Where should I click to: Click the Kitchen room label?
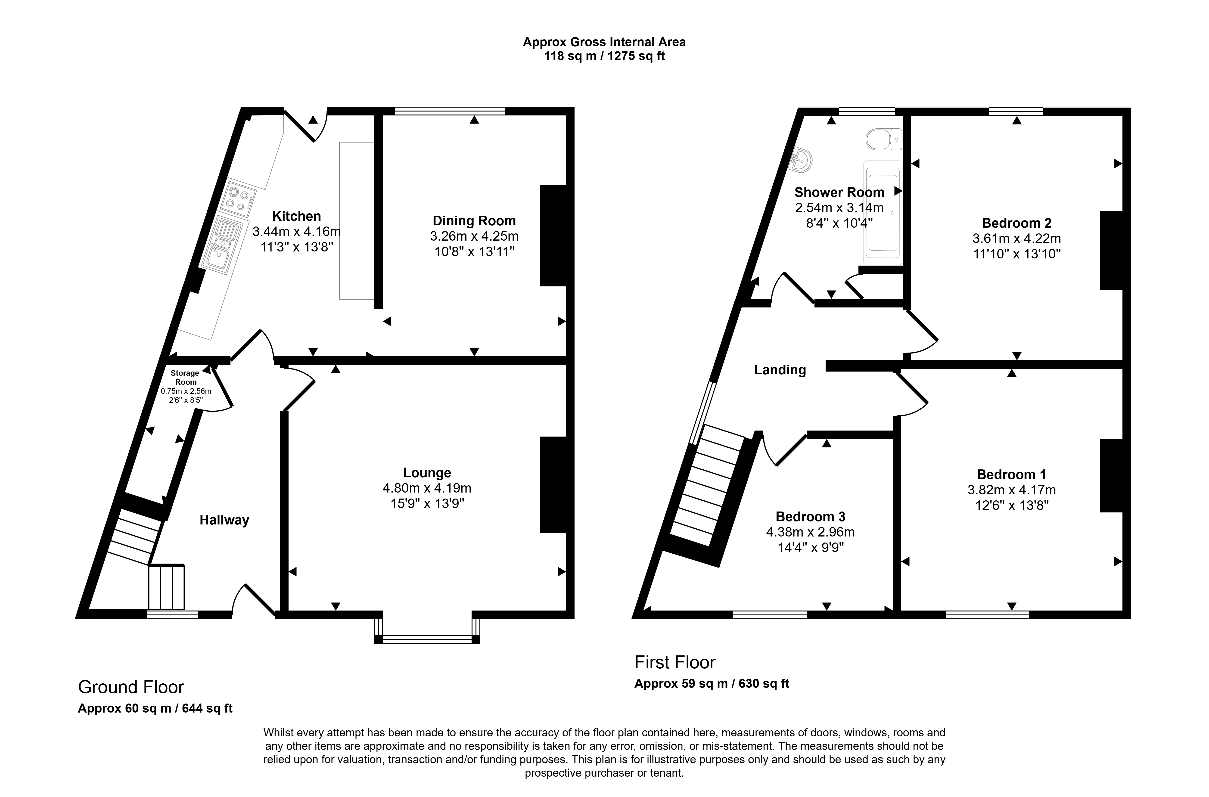click(296, 216)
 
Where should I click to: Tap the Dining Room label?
click(474, 221)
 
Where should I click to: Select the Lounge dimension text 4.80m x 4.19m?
click(427, 488)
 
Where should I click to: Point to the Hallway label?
click(224, 520)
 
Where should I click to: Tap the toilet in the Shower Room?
click(884, 139)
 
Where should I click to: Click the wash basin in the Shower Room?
click(802, 160)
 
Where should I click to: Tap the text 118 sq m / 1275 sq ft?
click(604, 56)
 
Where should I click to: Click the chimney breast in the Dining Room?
click(553, 235)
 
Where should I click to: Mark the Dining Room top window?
click(450, 111)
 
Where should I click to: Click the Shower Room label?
click(839, 192)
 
